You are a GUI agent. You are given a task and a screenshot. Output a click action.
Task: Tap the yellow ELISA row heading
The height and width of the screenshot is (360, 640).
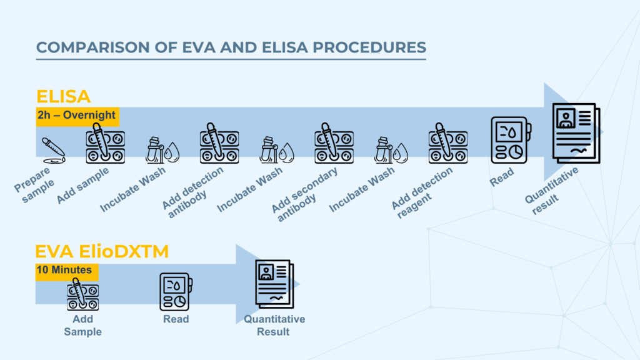point(63,96)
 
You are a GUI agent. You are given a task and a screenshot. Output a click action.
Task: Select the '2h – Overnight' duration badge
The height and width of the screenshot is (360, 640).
point(77,116)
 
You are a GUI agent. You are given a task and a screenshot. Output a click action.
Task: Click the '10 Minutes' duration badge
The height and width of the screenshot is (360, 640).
point(66,271)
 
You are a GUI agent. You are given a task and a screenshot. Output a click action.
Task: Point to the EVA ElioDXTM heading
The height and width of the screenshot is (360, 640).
point(102,251)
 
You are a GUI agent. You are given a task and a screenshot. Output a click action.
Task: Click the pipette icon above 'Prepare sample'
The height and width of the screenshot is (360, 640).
point(54,151)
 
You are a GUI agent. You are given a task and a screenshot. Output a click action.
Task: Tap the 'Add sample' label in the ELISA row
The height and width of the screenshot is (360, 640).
point(83,185)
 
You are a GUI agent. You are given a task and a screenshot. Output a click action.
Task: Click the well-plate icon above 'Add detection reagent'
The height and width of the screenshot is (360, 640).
point(447,143)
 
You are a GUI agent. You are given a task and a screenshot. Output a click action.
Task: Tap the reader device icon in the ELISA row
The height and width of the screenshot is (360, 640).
point(511,140)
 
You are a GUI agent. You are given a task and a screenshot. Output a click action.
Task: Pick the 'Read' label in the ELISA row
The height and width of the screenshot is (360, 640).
point(502,177)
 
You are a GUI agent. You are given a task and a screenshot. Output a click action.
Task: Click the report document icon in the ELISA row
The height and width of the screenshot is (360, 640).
point(576,133)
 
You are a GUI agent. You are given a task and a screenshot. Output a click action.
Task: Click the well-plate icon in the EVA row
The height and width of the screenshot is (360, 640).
point(83,294)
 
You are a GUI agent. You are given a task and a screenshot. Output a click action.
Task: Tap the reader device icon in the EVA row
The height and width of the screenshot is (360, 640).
point(176,292)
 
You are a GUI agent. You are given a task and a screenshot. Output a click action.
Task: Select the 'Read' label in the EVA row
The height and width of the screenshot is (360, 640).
point(176,319)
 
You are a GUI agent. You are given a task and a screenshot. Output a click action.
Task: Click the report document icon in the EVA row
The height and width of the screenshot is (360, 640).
point(275,284)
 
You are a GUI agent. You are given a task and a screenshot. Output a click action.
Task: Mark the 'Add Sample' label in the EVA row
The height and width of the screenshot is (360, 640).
point(83,325)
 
